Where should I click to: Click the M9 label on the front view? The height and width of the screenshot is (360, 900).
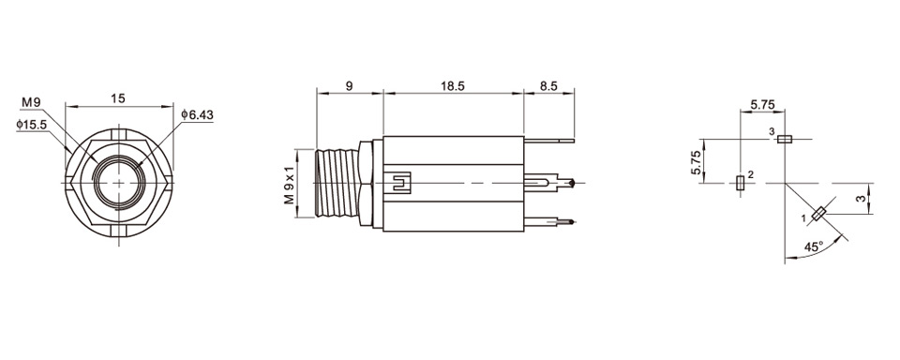click(x=32, y=102)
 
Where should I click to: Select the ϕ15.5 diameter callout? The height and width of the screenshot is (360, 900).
click(x=32, y=124)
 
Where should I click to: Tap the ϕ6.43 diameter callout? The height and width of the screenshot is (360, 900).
click(x=197, y=114)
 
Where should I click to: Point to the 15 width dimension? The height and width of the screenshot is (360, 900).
click(x=118, y=98)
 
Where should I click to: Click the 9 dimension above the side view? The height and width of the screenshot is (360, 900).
click(x=349, y=85)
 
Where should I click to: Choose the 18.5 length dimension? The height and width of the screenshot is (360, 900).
click(x=452, y=85)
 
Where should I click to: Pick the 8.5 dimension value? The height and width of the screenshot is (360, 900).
click(x=548, y=85)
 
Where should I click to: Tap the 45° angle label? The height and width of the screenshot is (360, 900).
click(x=813, y=247)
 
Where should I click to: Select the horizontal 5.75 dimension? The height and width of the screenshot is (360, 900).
click(x=762, y=104)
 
